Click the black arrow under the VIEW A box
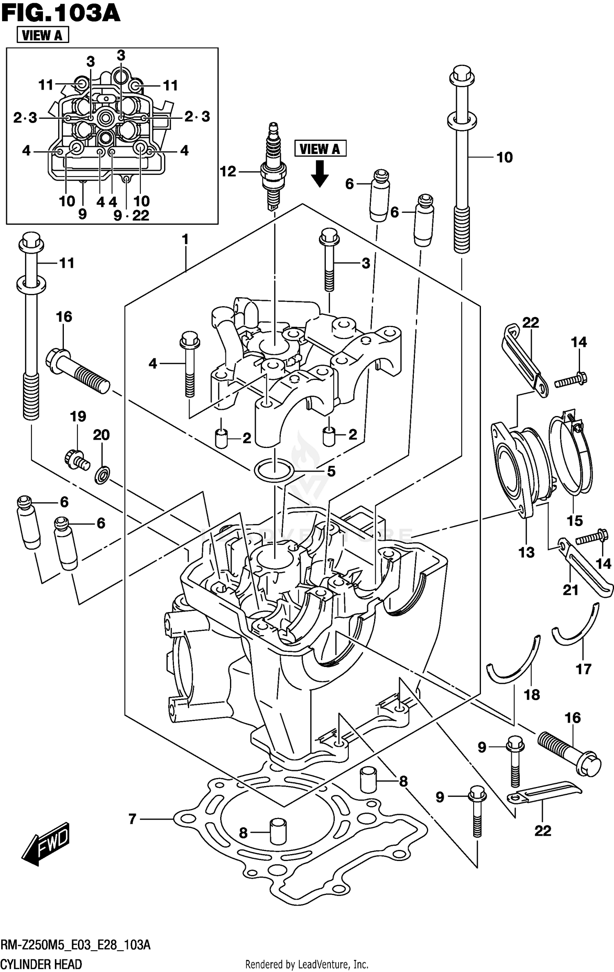(320, 174)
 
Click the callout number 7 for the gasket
(132, 819)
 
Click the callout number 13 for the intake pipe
(526, 553)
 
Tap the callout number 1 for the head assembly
(185, 240)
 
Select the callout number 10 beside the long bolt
(504, 157)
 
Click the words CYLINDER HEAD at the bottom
(41, 964)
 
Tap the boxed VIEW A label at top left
(43, 35)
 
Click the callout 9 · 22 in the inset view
(131, 215)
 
